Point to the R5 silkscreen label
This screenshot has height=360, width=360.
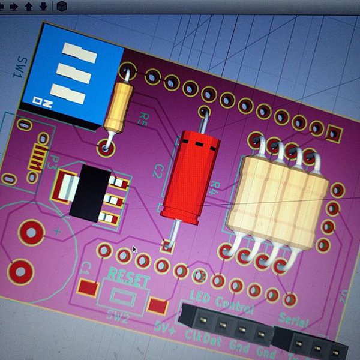tap(143, 118)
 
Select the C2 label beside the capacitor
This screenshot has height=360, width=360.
tap(158, 170)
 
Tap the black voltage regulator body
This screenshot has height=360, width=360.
tap(90, 190)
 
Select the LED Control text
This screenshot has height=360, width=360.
tap(221, 301)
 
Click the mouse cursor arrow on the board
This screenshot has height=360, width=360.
tap(134, 248)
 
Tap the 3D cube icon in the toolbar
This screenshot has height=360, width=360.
tap(62, 7)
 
